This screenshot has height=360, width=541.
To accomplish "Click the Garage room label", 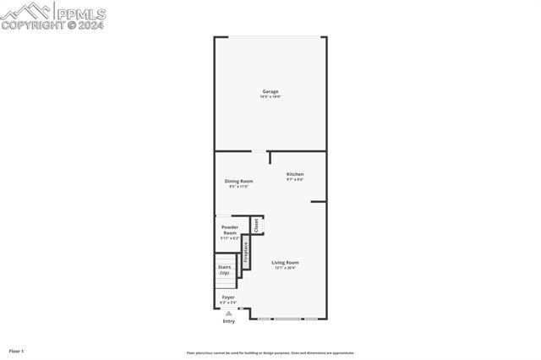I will click(270, 91).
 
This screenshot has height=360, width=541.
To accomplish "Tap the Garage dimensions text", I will click(270, 97).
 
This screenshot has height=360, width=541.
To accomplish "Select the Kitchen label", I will click(294, 174).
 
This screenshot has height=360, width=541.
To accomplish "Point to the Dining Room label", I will click(238, 181).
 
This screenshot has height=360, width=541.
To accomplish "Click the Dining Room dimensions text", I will click(238, 187).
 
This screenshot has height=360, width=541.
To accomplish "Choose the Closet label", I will click(256, 225).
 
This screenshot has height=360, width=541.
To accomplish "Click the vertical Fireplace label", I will click(246, 254).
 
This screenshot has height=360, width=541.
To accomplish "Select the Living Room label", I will click(285, 262).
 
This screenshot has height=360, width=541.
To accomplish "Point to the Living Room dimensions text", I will click(285, 268).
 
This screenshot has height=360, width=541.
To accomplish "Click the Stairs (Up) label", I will click(224, 270).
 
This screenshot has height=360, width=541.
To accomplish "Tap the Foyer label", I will click(228, 297).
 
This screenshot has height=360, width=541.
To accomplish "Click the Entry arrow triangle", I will click(228, 314).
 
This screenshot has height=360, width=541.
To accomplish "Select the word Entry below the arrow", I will click(228, 321).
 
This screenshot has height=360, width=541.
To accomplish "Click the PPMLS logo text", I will click(81, 13).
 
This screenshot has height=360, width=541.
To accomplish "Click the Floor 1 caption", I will click(16, 351).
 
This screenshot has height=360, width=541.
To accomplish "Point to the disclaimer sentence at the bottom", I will click(270, 353).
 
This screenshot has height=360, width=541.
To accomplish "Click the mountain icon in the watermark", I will click(25, 11).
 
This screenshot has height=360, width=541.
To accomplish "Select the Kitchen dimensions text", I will click(294, 180).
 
